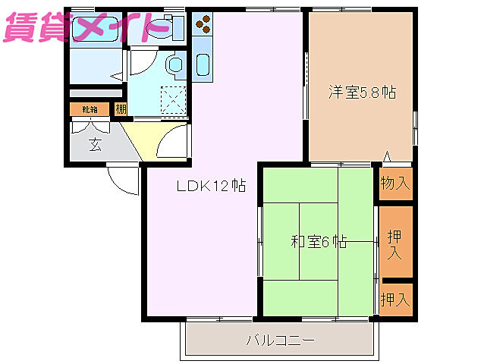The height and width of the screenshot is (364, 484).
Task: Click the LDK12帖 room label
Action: (x=211, y=186)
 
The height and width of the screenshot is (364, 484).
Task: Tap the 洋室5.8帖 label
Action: (x=362, y=93)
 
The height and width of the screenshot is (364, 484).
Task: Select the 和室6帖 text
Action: (x=319, y=243)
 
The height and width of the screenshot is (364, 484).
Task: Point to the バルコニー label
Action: (x=279, y=340)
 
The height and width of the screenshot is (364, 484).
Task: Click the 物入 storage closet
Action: (x=395, y=183)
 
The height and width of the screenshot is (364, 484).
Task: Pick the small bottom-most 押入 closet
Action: (x=395, y=299)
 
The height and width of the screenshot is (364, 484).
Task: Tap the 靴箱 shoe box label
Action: (x=90, y=109)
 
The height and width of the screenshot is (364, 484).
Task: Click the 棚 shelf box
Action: (x=121, y=109)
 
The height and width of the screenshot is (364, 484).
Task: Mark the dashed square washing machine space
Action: (x=174, y=99)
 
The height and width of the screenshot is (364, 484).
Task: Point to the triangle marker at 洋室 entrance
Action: (x=387, y=158)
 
